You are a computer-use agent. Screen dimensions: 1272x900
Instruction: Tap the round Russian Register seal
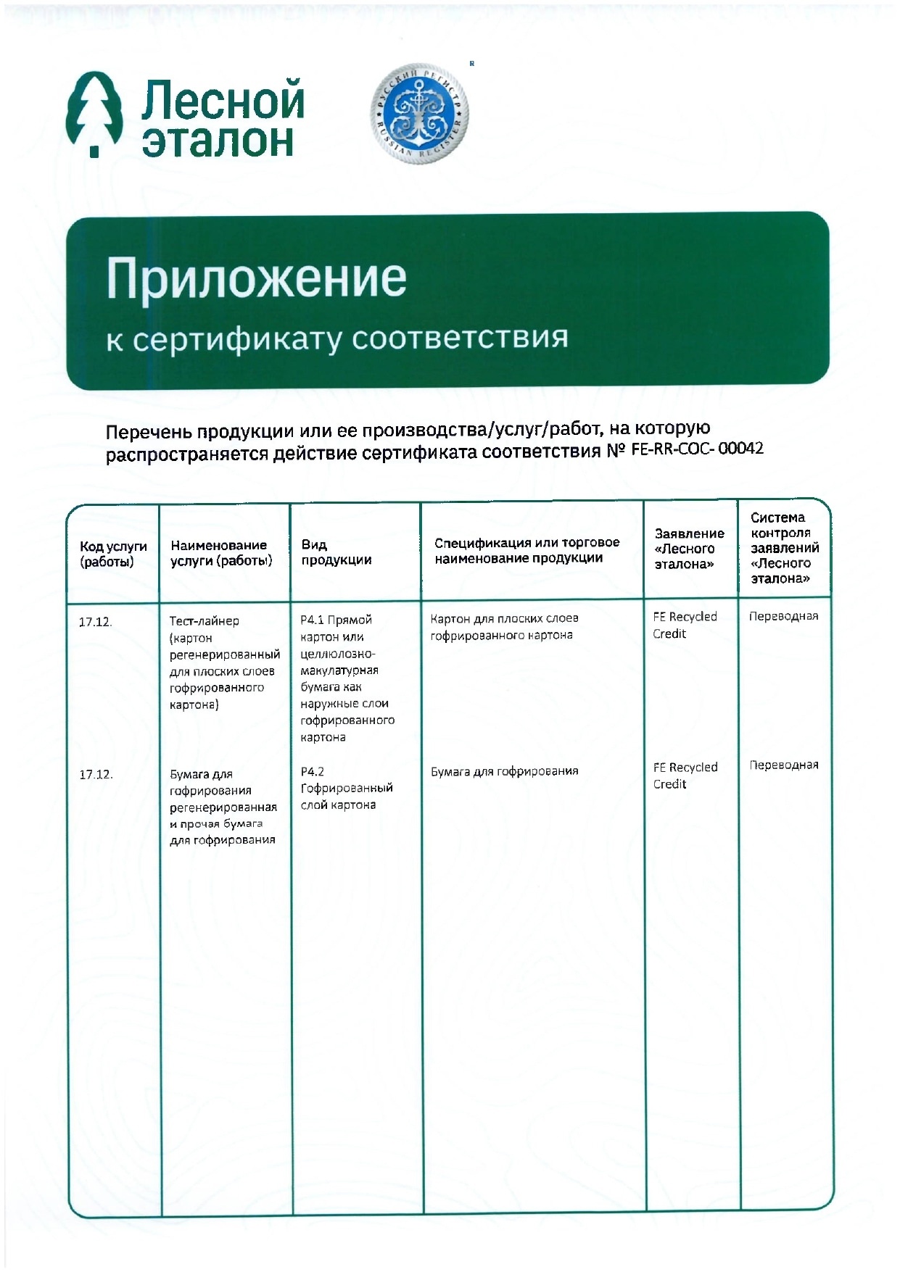click(x=420, y=112)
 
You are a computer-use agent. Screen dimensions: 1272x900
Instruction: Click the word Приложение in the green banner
click(x=256, y=278)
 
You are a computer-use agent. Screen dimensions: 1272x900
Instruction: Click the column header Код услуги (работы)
click(x=113, y=554)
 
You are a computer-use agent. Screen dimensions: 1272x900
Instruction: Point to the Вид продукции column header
click(x=336, y=552)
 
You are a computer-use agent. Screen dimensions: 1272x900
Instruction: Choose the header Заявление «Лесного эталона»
click(x=688, y=549)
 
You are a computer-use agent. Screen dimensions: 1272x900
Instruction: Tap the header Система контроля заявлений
click(x=784, y=548)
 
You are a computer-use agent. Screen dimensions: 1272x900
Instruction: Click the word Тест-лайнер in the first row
click(x=204, y=621)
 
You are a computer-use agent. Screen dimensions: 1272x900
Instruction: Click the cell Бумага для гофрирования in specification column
click(x=504, y=771)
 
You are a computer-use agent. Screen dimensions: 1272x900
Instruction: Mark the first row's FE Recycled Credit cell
click(x=684, y=625)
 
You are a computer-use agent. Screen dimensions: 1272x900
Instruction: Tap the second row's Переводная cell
click(x=783, y=765)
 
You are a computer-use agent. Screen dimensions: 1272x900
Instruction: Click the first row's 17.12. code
click(x=95, y=622)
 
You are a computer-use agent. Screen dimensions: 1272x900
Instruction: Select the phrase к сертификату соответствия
click(x=337, y=338)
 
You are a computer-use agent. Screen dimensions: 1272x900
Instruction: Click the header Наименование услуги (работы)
click(x=220, y=552)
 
